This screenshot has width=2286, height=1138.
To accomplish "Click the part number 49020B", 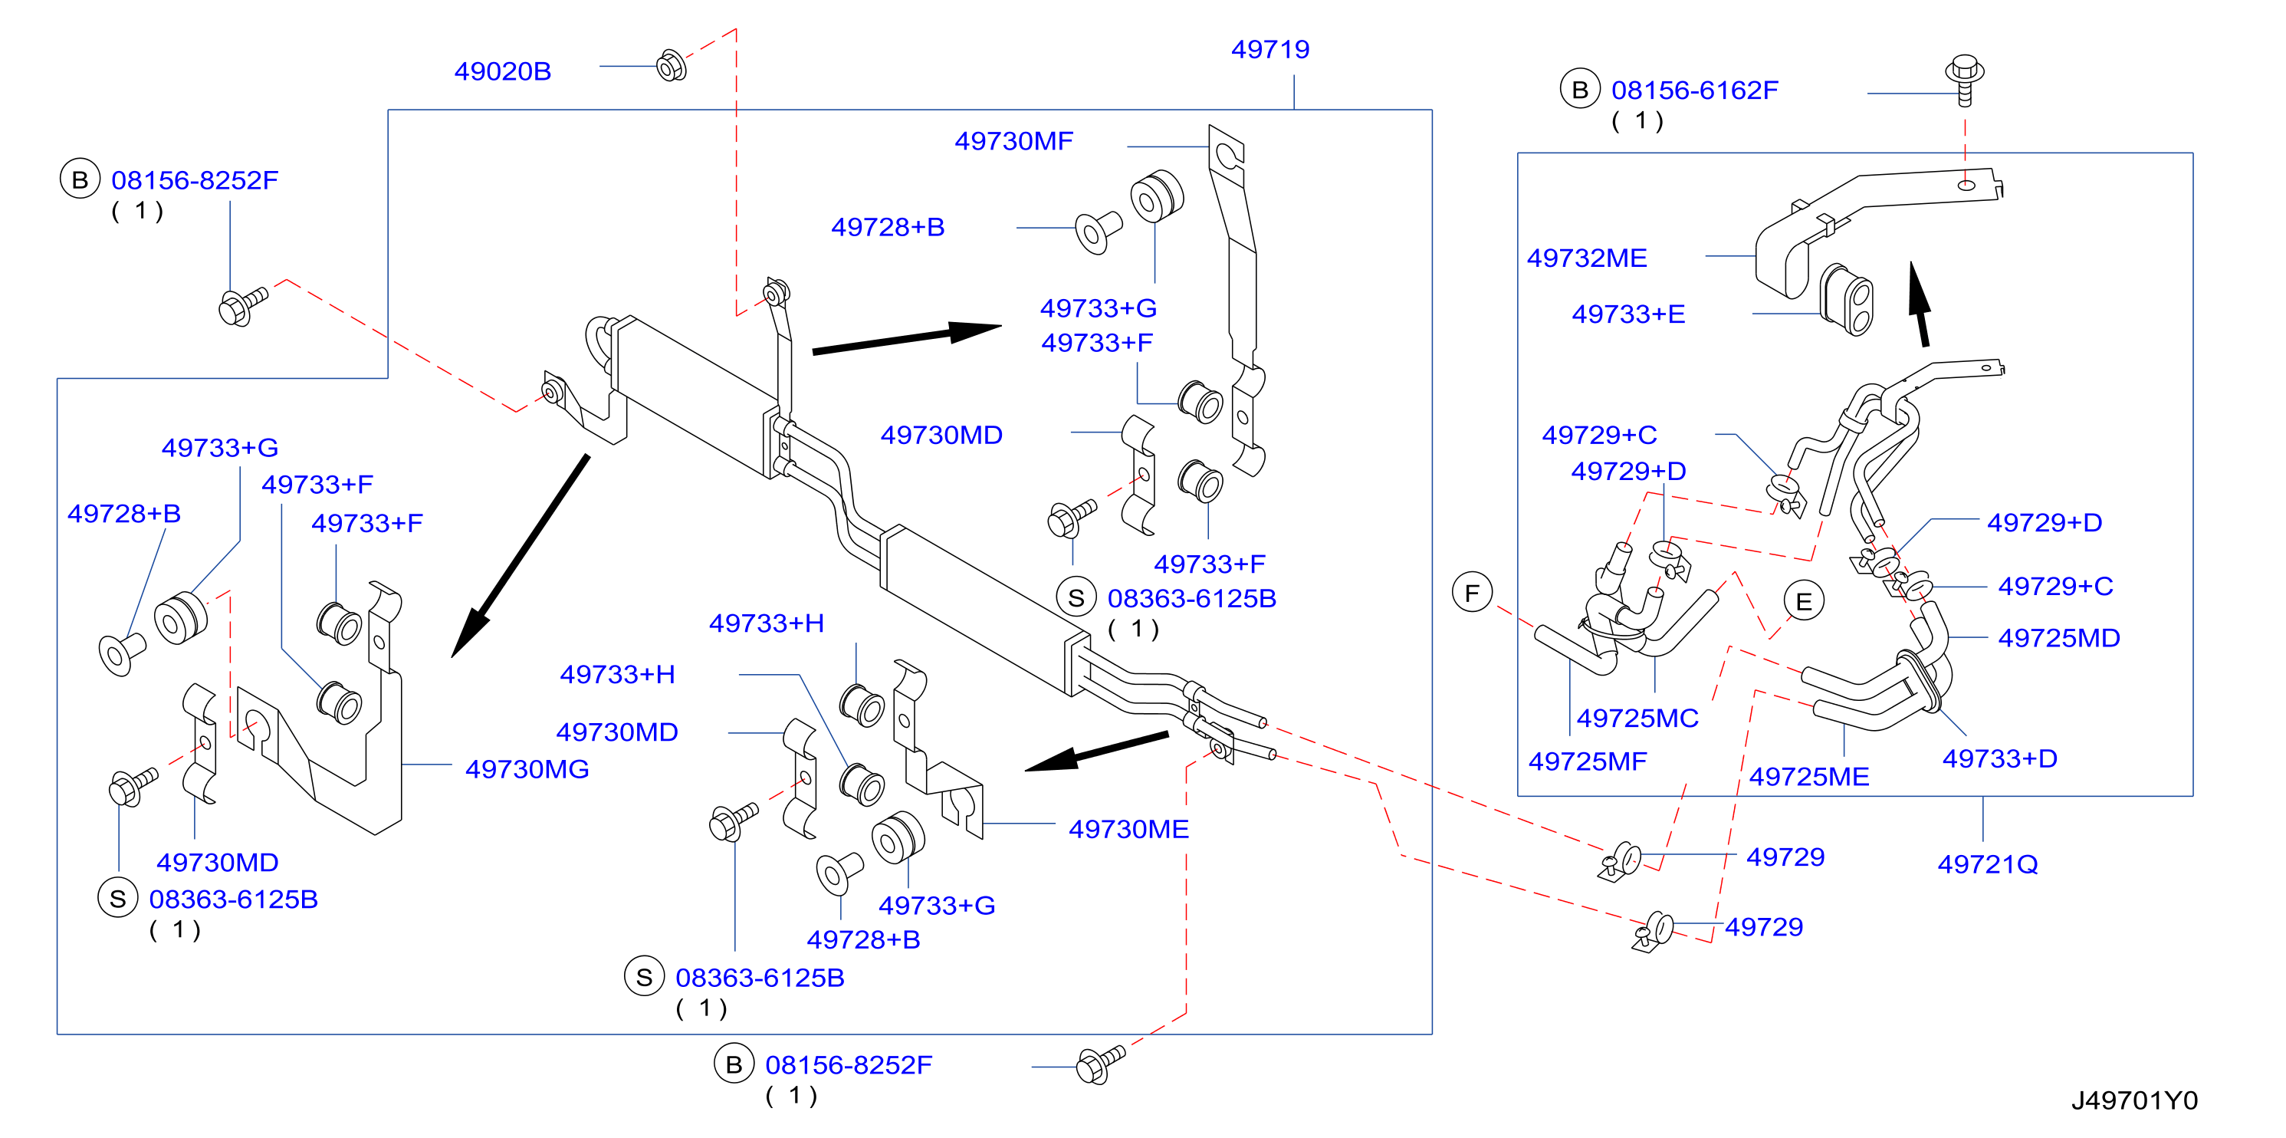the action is pyautogui.click(x=502, y=71).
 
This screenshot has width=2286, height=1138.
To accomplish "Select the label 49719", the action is pyautogui.click(x=1270, y=49).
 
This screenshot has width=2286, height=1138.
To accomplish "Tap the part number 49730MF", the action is pyautogui.click(x=1013, y=140).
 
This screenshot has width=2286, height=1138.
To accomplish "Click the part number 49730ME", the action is pyautogui.click(x=1128, y=828).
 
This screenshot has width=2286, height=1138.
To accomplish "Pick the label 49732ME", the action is pyautogui.click(x=1587, y=258).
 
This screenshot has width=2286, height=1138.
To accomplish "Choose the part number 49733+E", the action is pyautogui.click(x=1627, y=314).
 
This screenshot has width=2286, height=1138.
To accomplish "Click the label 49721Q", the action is pyautogui.click(x=1987, y=863).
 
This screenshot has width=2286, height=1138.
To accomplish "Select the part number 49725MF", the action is pyautogui.click(x=1587, y=761).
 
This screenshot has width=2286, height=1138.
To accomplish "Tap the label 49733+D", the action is pyautogui.click(x=1999, y=758).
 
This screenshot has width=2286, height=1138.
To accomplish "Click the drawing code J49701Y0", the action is pyautogui.click(x=2134, y=1100).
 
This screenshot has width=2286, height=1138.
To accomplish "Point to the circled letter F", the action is pyautogui.click(x=1472, y=592).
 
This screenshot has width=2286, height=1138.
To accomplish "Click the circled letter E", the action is pyautogui.click(x=1803, y=601).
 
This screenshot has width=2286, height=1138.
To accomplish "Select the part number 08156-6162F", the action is pyautogui.click(x=1694, y=90).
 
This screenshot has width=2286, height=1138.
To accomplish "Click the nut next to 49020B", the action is pyautogui.click(x=672, y=65).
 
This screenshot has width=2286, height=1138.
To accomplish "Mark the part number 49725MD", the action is pyautogui.click(x=2059, y=637).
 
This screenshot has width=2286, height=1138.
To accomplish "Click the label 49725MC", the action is pyautogui.click(x=1637, y=717).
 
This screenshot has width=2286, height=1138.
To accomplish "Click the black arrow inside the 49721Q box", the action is pyautogui.click(x=1920, y=304).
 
